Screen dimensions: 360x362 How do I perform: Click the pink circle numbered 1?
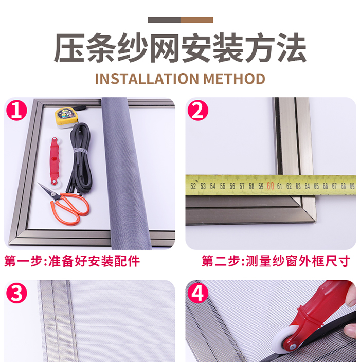coord(16,110)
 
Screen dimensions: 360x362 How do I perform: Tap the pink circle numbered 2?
coord(198,110)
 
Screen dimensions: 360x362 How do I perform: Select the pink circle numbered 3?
coord(16,293)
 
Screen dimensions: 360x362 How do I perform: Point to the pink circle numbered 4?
coord(198,293)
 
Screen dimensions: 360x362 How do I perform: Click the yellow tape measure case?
coord(67,117)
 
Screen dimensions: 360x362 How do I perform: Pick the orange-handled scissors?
coord(66,204)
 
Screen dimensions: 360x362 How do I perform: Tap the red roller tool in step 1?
coord(55,161)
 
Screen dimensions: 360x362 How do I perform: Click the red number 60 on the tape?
coord(270,186)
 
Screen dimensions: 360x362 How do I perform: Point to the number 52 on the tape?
coord(193,186)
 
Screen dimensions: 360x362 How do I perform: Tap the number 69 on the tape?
coord(352,186)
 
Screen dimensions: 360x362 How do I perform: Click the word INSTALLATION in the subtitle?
coord(147,79)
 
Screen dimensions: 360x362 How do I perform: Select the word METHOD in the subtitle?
coord(234,79)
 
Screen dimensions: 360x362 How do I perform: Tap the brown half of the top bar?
coord(197,20)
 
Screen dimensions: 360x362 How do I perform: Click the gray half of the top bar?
coord(164,20)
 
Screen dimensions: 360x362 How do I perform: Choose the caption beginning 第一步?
coord(72,261)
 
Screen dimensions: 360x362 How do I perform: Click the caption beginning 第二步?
coord(276,261)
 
